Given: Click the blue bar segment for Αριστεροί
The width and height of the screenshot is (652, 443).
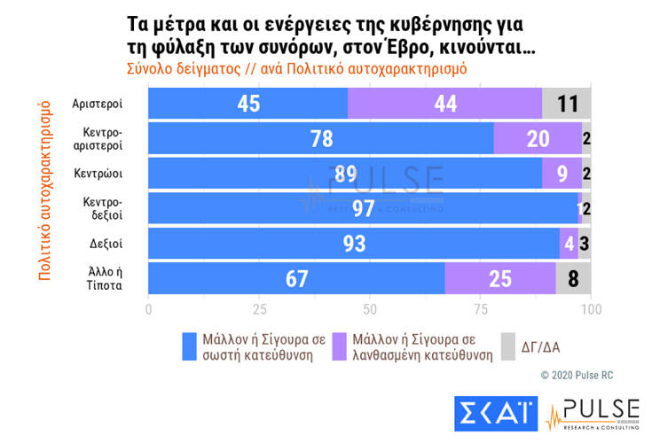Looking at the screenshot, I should pos(247,104).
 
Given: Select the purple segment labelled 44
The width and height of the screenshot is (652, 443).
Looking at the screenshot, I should pos(444,104).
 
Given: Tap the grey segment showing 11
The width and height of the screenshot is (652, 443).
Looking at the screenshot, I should pos(567,104).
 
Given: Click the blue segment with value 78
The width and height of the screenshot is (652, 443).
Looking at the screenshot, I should pos(320,138).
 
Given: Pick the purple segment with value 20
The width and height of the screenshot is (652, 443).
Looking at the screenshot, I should pos(538,138).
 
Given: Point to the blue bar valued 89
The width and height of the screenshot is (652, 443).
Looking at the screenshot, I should pos(345,173).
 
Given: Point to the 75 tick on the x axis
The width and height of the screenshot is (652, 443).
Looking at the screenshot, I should pos(481,310).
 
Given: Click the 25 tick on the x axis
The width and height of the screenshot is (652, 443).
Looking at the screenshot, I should pos(259,310).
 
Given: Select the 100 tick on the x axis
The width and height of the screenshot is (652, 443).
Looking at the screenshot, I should pos(591,310).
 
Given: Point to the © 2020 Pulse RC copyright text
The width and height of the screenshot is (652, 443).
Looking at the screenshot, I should pos(577,376).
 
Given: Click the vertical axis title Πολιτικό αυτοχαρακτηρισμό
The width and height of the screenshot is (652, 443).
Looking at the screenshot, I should pos(44,190).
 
